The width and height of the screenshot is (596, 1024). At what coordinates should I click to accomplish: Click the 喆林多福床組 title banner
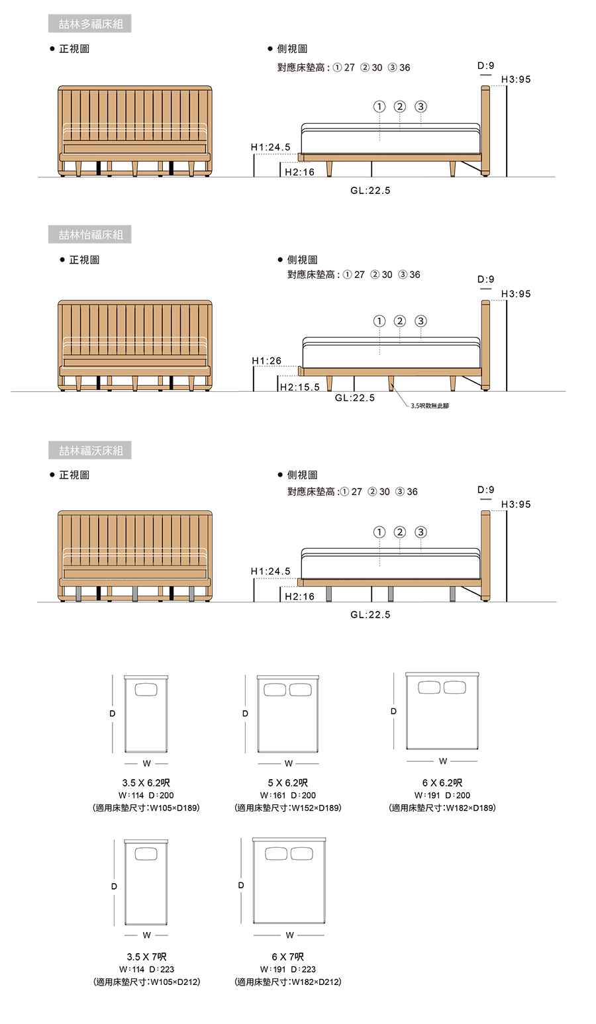pos(89,24)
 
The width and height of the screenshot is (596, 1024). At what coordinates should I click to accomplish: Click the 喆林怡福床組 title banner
pos(89,234)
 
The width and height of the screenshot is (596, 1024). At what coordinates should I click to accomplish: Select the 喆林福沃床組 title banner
pos(89,450)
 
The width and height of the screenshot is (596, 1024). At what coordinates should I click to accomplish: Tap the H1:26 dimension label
pos(267,361)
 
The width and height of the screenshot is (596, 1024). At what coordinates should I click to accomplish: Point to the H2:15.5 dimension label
pos(299,387)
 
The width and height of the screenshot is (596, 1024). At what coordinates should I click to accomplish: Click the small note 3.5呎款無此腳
pos(430,406)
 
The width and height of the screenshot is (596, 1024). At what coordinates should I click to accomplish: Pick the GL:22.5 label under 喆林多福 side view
pos(370,190)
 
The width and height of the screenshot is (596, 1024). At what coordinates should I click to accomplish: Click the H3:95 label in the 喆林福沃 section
pos(516,504)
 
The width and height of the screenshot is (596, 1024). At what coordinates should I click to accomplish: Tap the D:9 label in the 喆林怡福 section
pos(486,279)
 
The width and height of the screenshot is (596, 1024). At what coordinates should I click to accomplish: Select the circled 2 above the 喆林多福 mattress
pos(400,107)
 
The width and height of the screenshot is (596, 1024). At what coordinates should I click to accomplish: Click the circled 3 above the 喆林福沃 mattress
pos(421,532)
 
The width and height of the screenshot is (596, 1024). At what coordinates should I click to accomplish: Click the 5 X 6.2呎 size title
pos(287,783)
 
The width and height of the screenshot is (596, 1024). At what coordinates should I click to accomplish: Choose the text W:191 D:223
pos(287,969)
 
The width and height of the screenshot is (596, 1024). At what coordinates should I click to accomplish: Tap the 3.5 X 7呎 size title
pos(146,956)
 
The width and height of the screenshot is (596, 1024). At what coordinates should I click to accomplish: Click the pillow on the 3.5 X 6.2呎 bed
pos(146,689)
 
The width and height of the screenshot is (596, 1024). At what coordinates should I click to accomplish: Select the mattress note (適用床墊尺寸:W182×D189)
pos(442,808)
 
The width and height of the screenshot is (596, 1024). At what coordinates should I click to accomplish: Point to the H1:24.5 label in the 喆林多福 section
pos(270,147)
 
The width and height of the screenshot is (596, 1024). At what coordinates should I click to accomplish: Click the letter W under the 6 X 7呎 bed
pos(289,935)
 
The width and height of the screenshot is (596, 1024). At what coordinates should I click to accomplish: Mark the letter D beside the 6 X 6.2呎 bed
pos(393,712)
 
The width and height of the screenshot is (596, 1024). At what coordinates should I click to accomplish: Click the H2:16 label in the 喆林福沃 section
pos(299,596)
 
